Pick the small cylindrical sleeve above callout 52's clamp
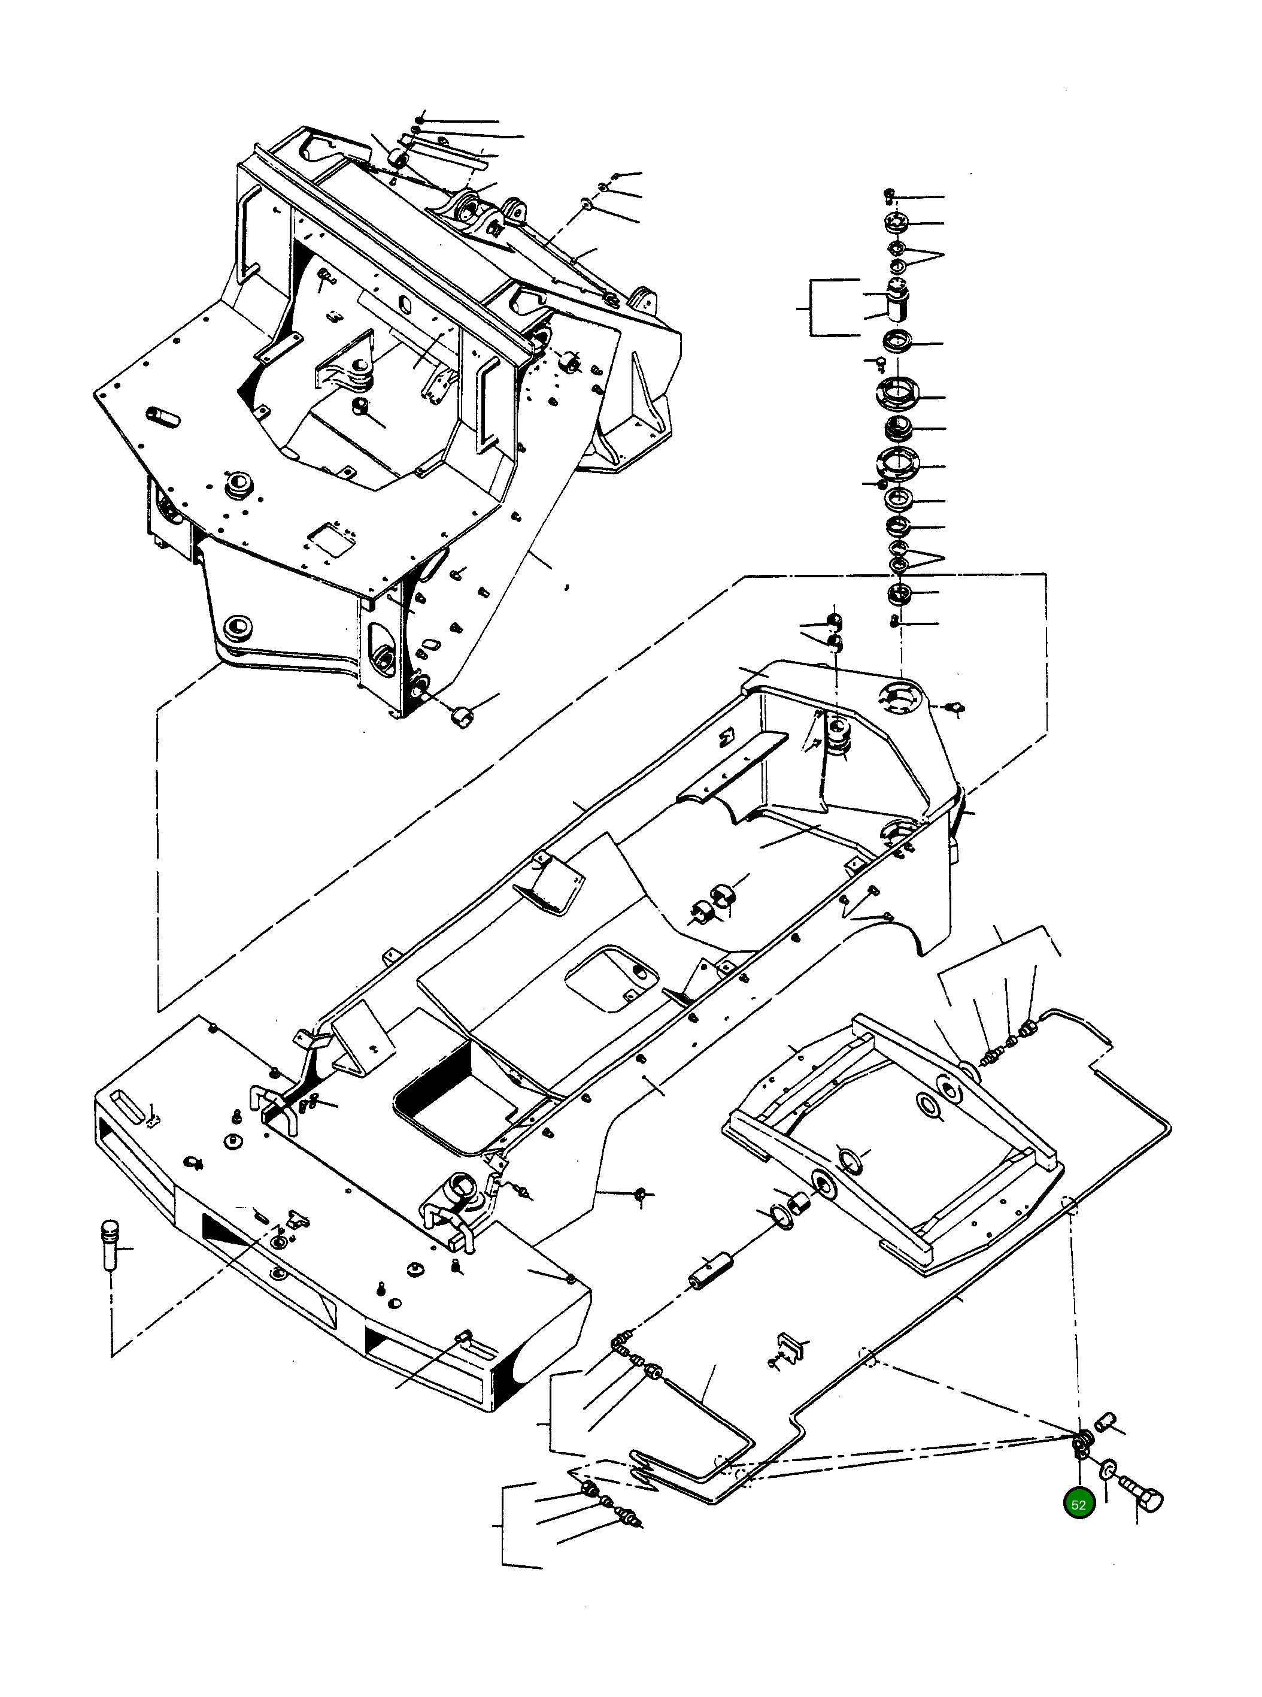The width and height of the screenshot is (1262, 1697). pyautogui.click(x=1105, y=1420)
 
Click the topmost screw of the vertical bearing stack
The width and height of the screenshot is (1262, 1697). pyautogui.click(x=888, y=196)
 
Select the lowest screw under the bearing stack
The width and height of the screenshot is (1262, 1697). pyautogui.click(x=894, y=622)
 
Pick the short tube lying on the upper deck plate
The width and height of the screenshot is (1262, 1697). pyautogui.click(x=163, y=417)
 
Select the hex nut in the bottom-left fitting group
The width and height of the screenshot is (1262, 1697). pyautogui.click(x=589, y=1489)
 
